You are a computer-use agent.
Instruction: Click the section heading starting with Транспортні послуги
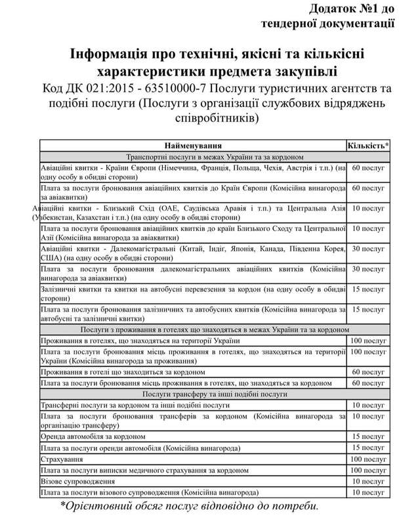(x=192, y=157)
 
